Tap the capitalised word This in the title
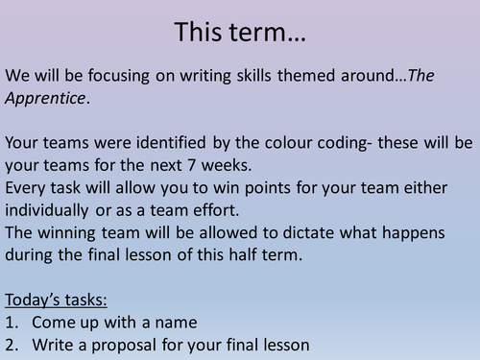[199, 32]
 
